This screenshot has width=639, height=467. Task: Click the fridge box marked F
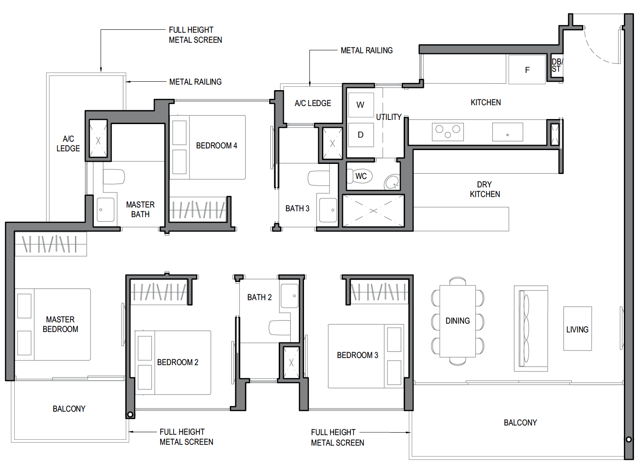click(527, 70)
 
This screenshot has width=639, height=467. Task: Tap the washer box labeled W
click(361, 105)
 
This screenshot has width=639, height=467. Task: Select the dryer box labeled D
click(361, 135)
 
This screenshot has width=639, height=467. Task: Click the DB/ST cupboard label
click(557, 65)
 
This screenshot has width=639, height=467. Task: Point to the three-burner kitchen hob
click(448, 132)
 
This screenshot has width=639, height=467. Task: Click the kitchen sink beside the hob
click(507, 132)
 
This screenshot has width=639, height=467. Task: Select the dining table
click(457, 321)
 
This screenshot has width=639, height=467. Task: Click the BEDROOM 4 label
click(216, 145)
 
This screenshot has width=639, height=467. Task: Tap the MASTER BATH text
click(140, 210)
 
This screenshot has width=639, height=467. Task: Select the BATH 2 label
click(259, 297)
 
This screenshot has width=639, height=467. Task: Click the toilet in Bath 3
click(319, 178)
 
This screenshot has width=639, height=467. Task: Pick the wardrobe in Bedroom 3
click(379, 292)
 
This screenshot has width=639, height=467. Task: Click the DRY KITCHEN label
click(485, 189)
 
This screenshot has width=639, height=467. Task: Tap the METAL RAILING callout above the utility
click(366, 50)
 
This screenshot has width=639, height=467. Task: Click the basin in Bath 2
click(290, 296)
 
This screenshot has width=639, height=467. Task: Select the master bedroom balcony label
click(69, 409)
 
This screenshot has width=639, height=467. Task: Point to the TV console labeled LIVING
click(577, 329)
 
